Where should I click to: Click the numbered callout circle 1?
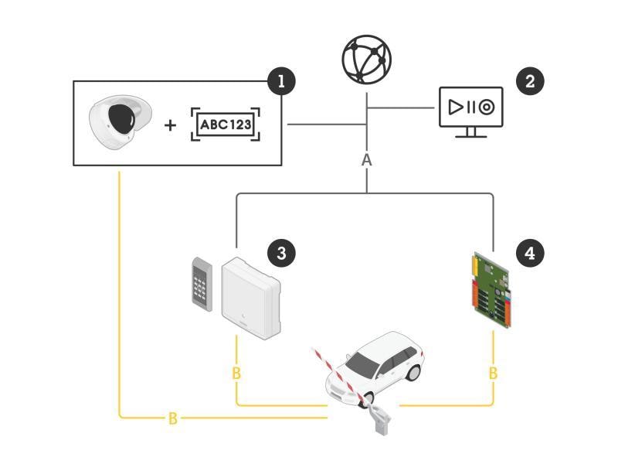pyautogui.click(x=280, y=80)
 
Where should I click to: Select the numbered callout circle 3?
pyautogui.click(x=281, y=252)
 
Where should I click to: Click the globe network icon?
pyautogui.click(x=367, y=59)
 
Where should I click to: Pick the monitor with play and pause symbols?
pyautogui.click(x=471, y=111)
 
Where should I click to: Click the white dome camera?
pyautogui.click(x=117, y=124)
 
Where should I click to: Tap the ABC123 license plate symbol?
pyautogui.click(x=226, y=125)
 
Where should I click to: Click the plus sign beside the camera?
pyautogui.click(x=171, y=125)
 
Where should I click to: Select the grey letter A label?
pyautogui.click(x=367, y=160)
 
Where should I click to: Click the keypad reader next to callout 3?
pyautogui.click(x=202, y=284)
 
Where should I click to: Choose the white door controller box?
pyautogui.click(x=251, y=299)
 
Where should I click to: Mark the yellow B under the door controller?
pyautogui.click(x=236, y=374)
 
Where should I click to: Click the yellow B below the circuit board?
pyautogui.click(x=493, y=374)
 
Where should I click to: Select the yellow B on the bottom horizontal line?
pyautogui.click(x=172, y=418)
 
